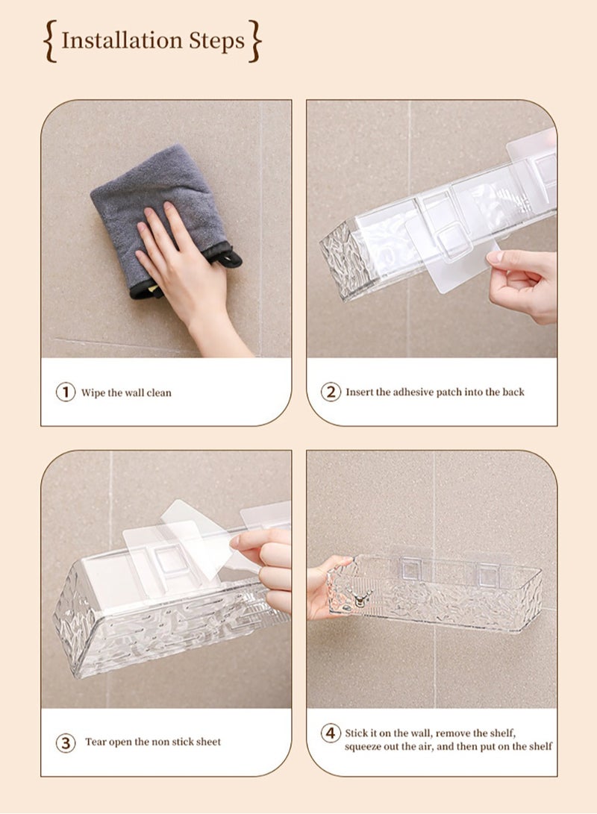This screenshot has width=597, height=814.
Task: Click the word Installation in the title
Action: pos(116,40)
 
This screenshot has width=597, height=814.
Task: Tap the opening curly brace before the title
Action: pos(50,41)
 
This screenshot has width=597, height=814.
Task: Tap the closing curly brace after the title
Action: pos(255,41)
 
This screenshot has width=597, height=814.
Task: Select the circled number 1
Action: pos(66,392)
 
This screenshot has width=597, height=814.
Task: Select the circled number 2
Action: pos(331,392)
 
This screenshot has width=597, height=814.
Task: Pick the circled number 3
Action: pos(66,742)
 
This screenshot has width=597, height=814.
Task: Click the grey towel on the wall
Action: pos(149,194)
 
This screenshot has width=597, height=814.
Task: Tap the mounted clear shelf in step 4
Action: pos(440,589)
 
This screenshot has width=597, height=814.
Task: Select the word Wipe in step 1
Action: pos(93,392)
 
